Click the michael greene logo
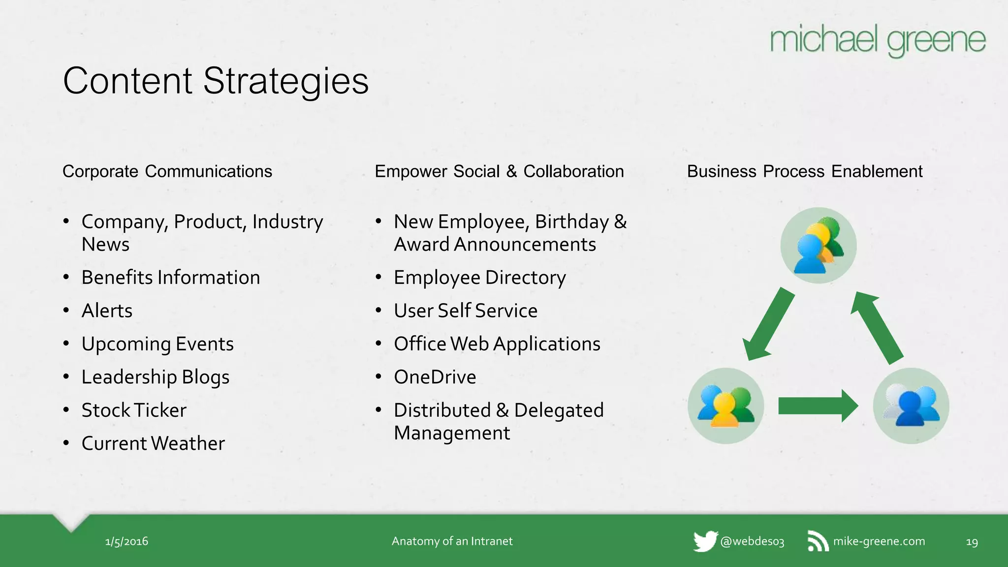877,40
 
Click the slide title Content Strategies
216,81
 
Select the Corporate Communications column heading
167,171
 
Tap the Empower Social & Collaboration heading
499,171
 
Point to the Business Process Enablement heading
804,171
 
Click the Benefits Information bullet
170,278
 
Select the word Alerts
107,311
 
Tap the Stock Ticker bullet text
134,410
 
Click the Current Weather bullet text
153,443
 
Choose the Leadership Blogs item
156,378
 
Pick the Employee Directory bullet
479,278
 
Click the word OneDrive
435,378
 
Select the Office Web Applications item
497,344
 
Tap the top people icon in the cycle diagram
818,246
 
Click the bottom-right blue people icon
911,406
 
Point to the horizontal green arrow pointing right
818,406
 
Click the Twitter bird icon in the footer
705,541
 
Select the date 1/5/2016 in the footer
126,541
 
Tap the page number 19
972,542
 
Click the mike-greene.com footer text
879,541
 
